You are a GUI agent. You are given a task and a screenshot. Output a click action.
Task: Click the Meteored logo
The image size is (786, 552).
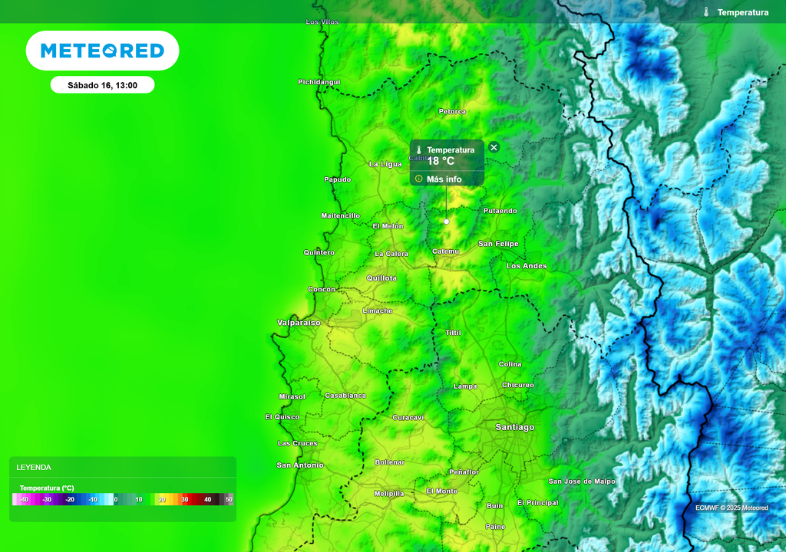(102, 51)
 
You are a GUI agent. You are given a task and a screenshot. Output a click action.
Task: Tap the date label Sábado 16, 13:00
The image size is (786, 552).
(102, 85)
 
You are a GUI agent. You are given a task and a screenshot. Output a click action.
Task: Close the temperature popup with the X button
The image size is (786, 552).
(494, 147)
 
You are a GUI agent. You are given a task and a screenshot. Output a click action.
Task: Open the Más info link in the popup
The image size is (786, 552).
(444, 179)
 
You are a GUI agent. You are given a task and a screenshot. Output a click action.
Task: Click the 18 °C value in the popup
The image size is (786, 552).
(441, 161)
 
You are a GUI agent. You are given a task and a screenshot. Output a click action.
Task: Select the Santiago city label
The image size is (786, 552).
(514, 427)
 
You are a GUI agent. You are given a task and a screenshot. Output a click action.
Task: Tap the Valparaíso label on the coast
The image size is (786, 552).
(299, 323)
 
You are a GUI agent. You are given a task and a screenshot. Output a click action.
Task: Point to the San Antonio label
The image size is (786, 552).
(300, 465)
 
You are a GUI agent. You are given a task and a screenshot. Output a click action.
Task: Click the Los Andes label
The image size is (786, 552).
(527, 266)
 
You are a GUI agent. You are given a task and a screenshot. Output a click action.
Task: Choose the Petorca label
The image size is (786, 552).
(452, 112)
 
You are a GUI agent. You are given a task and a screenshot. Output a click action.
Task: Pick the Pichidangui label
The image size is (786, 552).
(319, 82)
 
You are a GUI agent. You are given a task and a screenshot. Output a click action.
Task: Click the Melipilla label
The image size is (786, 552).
(388, 494)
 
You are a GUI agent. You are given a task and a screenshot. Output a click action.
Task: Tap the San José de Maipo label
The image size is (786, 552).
(582, 481)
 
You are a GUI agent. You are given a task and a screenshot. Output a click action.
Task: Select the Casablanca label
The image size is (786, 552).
(345, 396)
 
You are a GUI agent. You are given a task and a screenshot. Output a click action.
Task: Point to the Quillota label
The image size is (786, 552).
(381, 278)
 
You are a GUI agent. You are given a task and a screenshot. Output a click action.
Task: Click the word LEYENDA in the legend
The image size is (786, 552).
(34, 467)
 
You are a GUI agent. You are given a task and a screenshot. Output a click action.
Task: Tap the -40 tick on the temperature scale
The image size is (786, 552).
(25, 499)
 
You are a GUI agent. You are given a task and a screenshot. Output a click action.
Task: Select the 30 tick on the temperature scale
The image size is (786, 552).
(184, 499)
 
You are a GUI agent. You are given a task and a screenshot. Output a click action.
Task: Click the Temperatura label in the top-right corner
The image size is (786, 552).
(742, 12)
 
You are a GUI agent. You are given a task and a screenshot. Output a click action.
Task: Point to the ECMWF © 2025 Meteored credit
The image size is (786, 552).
(732, 508)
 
